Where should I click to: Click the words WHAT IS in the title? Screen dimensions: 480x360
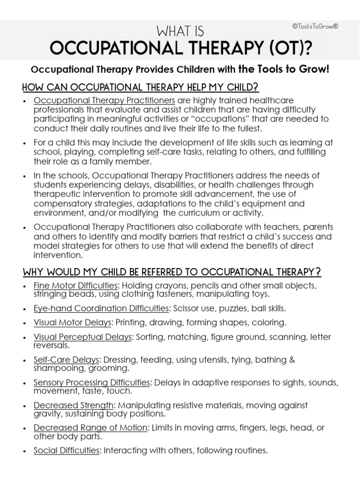tap(180, 32)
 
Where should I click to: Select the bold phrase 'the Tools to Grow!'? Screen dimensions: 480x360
tap(285, 69)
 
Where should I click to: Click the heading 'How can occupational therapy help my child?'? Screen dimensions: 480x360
tap(141, 88)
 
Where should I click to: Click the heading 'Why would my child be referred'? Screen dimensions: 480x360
tap(172, 272)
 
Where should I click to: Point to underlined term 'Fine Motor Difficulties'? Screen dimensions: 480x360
tap(75, 285)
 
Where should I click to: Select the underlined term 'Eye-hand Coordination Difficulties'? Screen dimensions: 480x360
tap(101, 308)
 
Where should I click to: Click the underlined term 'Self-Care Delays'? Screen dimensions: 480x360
tap(66, 360)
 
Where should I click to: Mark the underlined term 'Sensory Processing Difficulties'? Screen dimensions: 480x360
tap(92, 382)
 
